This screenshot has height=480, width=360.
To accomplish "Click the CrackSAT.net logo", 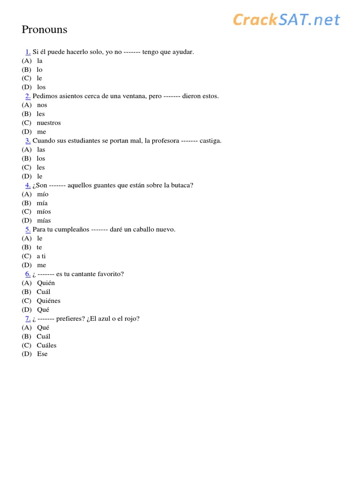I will point(286,20).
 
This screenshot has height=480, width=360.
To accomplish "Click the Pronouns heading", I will point(45,30).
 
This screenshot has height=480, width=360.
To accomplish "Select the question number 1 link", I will point(28,52).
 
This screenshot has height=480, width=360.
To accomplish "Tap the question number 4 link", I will point(28,185).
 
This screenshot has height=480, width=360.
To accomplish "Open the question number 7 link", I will point(28,319).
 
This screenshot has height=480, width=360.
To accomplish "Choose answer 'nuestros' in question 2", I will point(49,123).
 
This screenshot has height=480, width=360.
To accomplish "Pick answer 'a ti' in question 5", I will point(41,256).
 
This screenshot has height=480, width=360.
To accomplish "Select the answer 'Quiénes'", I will point(49,301).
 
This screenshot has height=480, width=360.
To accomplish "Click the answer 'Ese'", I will point(42,354).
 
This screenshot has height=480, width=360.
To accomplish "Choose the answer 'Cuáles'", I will point(46,345).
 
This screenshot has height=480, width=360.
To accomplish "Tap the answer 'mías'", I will point(44,221).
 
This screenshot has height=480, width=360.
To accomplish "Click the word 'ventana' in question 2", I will point(132,96).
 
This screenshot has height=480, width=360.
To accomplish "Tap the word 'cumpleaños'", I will point(71,230).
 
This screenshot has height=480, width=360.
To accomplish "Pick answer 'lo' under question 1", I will point(40,69).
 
